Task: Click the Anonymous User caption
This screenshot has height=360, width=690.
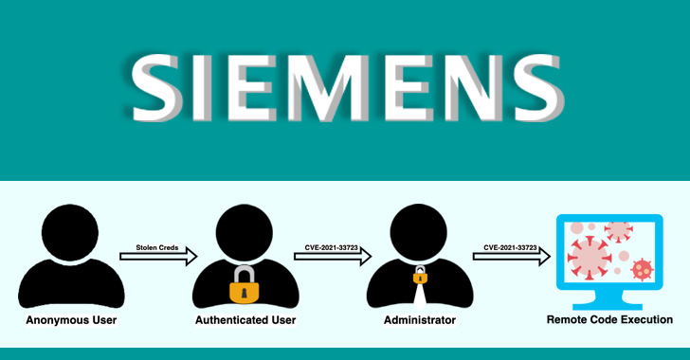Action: point(71,320)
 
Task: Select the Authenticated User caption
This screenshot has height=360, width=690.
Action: point(245,320)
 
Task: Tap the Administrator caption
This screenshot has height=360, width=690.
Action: point(420,320)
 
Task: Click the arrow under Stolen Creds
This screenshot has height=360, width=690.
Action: point(158,255)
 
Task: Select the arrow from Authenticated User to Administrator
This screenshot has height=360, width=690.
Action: point(333,255)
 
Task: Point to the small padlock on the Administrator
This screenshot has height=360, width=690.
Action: point(420,276)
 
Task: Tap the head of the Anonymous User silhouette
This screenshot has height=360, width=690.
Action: point(71,230)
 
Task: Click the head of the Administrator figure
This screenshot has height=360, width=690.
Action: point(420,230)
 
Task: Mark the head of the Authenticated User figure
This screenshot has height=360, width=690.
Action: point(245,230)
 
